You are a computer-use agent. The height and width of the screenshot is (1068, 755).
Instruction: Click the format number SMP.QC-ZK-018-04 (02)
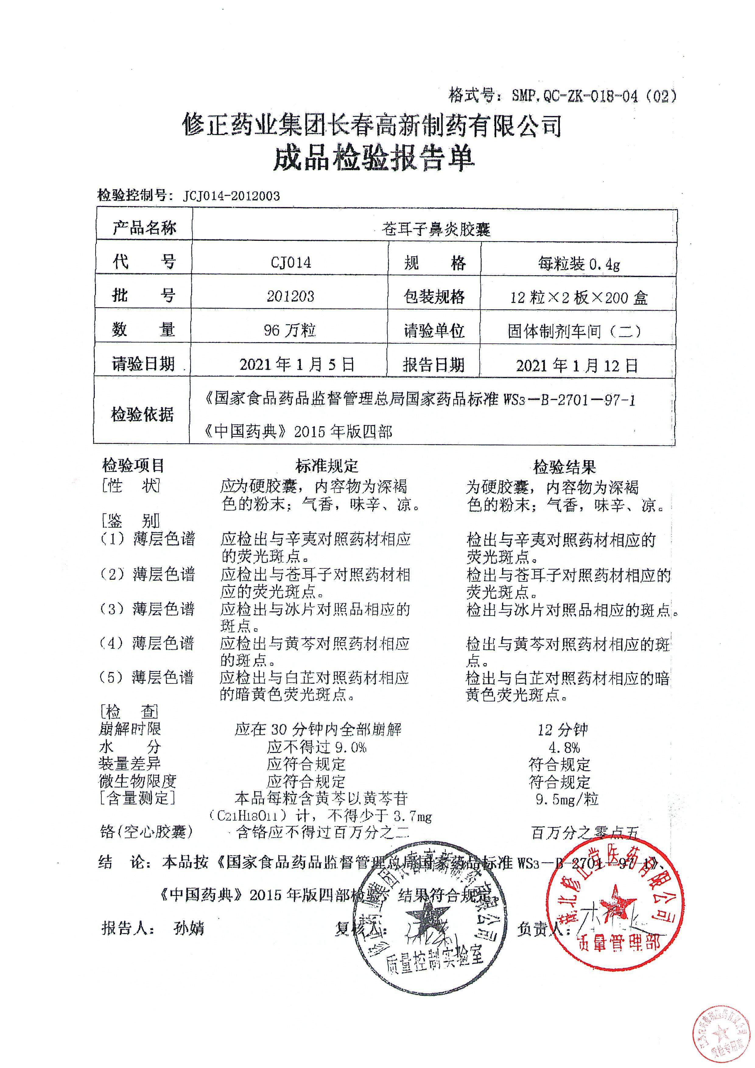pos(593,96)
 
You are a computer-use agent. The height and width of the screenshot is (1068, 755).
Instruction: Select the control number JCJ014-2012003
pos(231,196)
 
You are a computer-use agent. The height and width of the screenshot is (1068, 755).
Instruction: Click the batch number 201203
pos(290,296)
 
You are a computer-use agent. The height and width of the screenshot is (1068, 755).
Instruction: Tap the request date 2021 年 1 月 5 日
pos(297,364)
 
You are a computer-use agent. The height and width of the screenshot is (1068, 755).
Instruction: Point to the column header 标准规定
pos(327,465)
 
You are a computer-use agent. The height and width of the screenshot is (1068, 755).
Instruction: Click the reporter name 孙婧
pos(188,929)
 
